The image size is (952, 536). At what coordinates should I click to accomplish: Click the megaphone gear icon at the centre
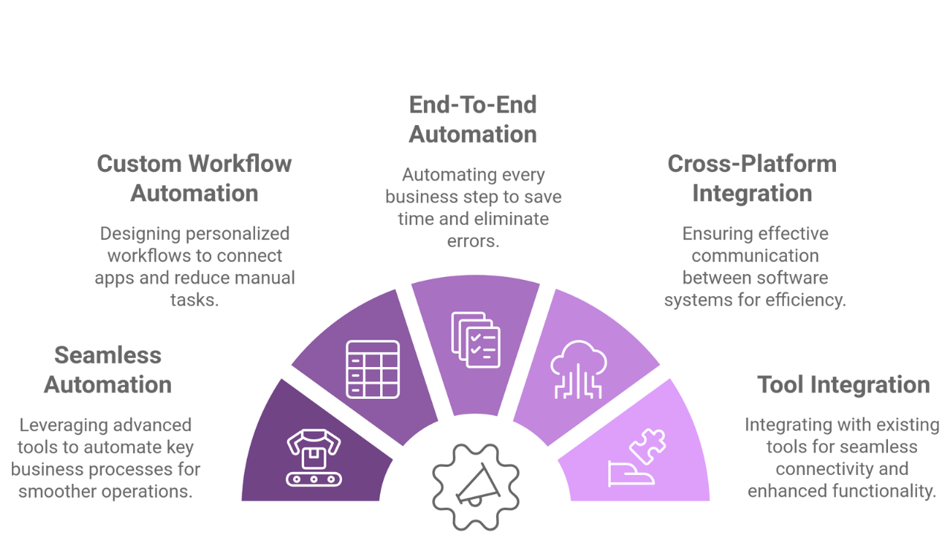click(x=475, y=487)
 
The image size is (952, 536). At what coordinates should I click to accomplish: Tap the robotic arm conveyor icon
click(x=314, y=458)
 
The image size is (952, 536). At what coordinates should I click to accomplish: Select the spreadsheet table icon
click(x=373, y=369)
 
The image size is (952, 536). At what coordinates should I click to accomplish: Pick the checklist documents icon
click(x=475, y=340)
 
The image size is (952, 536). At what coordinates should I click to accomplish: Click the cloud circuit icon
click(x=579, y=369)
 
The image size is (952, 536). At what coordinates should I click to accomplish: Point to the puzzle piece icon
click(x=637, y=458)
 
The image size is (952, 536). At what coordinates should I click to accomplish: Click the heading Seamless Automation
click(x=108, y=370)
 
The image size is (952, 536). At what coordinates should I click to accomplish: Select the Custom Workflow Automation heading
click(x=194, y=178)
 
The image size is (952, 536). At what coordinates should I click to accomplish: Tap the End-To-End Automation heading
click(x=472, y=120)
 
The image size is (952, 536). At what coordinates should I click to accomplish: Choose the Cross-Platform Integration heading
click(x=752, y=178)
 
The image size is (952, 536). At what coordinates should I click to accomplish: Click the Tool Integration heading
click(x=843, y=385)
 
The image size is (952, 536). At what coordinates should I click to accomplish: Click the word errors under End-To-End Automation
click(x=473, y=241)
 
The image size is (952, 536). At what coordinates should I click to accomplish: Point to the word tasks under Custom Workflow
click(x=195, y=300)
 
